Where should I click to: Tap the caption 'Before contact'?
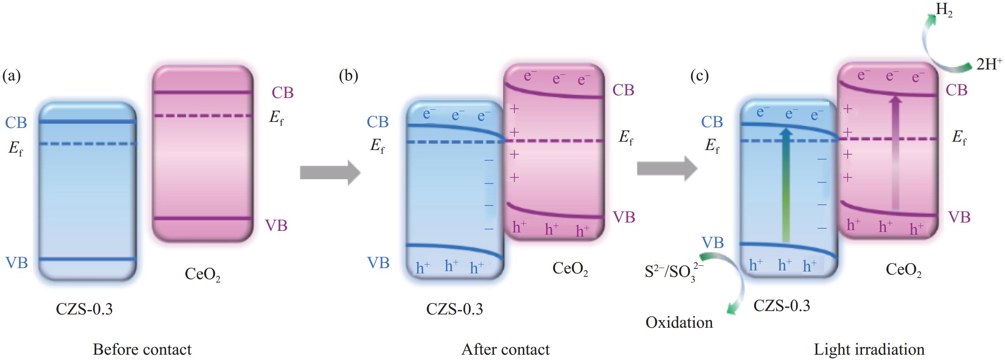[x=142, y=349]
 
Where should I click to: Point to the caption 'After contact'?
[x=505, y=349]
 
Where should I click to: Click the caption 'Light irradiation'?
[x=869, y=349]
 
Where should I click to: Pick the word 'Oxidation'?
[x=679, y=322]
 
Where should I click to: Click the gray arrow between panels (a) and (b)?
[x=330, y=172]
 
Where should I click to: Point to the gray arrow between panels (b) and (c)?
[x=667, y=168]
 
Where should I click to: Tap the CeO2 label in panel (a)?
[x=202, y=274]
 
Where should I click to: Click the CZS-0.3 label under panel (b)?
[x=454, y=309]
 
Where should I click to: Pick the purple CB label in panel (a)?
[x=282, y=93]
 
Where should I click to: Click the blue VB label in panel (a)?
[x=16, y=263]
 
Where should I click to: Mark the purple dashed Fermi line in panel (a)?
[x=203, y=116]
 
